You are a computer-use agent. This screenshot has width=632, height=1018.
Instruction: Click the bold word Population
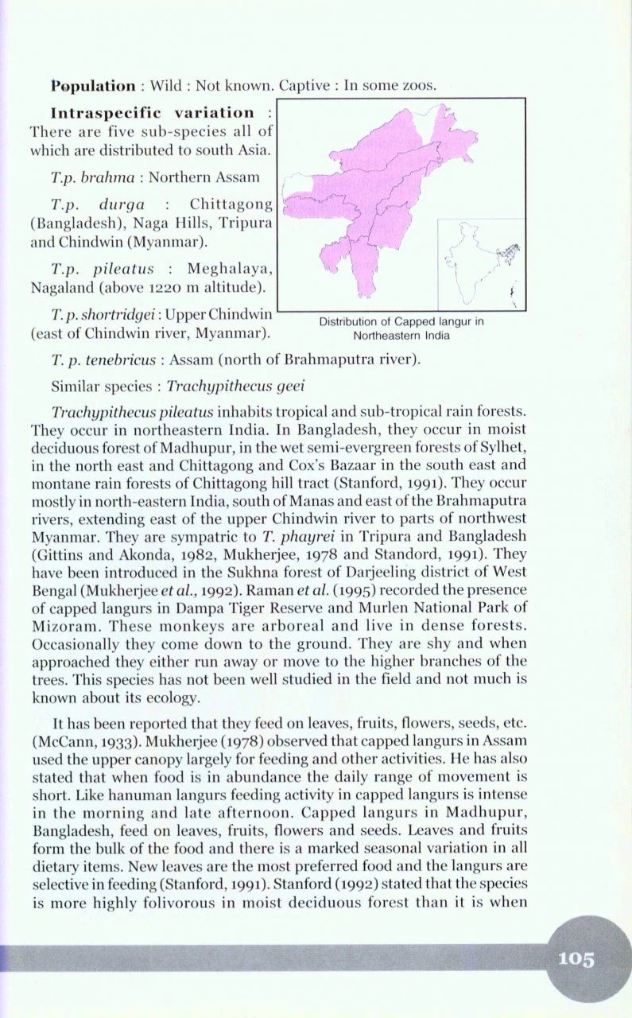point(93,85)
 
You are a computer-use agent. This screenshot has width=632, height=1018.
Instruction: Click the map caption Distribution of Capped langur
point(401,322)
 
